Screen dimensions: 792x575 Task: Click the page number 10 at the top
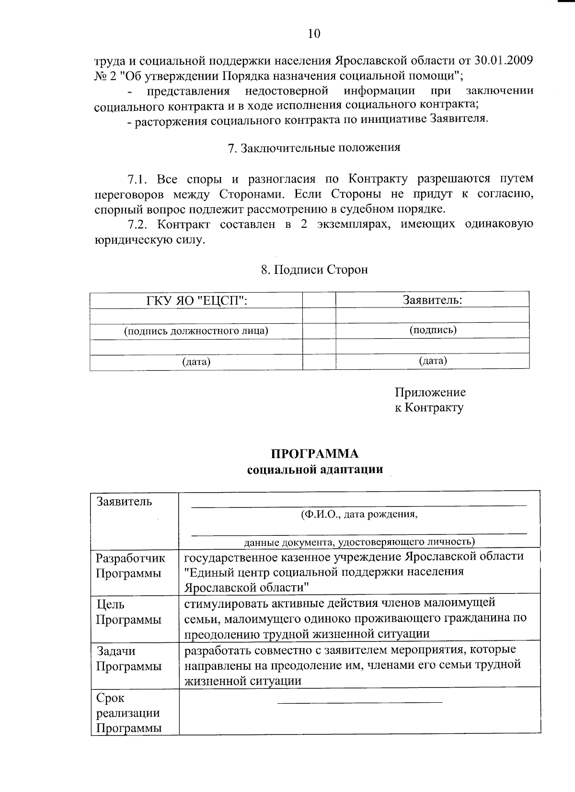(314, 33)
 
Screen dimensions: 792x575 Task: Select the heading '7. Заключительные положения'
(314, 148)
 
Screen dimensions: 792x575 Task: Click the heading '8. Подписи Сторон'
(314, 270)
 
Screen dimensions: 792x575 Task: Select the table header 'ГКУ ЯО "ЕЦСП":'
(196, 301)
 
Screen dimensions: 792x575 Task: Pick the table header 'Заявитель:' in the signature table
(432, 300)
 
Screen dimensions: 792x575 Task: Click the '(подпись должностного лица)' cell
(196, 331)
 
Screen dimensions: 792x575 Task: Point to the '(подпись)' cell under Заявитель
(433, 330)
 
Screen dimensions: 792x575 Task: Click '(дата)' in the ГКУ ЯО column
(196, 362)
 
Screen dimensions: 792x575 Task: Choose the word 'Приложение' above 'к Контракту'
(430, 392)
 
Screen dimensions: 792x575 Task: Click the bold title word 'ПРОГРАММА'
(315, 454)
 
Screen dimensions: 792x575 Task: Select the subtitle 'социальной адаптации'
(315, 469)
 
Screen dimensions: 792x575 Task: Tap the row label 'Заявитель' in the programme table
(124, 502)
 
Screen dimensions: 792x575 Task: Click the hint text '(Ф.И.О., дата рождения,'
(359, 515)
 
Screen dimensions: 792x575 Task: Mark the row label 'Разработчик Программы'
(130, 566)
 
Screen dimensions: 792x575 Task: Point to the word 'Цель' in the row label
(110, 604)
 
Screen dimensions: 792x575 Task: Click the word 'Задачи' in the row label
(116, 651)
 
